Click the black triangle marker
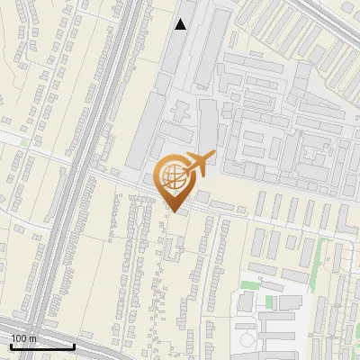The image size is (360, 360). coord(181,24)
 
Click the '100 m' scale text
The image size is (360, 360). coord(24,338)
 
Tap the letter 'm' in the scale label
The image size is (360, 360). coord(33,338)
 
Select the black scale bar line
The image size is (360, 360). coord(42,346)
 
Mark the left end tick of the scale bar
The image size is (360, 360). coord(11,345)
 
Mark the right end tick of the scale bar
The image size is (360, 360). coord(74,345)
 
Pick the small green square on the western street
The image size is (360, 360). coord(24,141)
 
